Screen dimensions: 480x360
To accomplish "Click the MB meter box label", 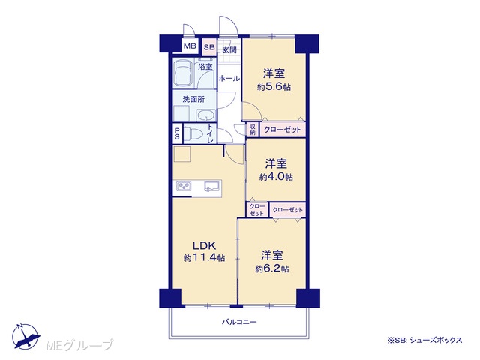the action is [190, 46].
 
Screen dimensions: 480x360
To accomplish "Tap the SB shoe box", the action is [210, 47].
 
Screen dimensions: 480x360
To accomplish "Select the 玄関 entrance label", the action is [229, 50].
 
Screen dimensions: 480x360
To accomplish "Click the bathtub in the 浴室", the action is [183, 73].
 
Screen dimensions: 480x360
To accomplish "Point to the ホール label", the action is [229, 78].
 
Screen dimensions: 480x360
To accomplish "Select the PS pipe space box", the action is [177, 133].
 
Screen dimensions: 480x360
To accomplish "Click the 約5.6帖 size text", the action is [274, 87].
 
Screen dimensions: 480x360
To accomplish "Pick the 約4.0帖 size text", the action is [276, 177].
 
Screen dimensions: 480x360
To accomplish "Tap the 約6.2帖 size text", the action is [272, 268].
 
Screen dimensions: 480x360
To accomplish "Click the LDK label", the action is [204, 245].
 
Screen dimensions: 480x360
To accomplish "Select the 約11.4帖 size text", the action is [204, 258].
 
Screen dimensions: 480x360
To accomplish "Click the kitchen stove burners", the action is [184, 186].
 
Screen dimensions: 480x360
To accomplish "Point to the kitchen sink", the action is [212, 186].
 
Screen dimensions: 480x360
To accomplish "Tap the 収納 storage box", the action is [253, 130].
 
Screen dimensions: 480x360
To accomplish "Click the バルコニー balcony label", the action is [239, 322].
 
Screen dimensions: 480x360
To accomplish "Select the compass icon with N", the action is [25, 336].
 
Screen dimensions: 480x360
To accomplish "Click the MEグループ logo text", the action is [79, 345].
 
